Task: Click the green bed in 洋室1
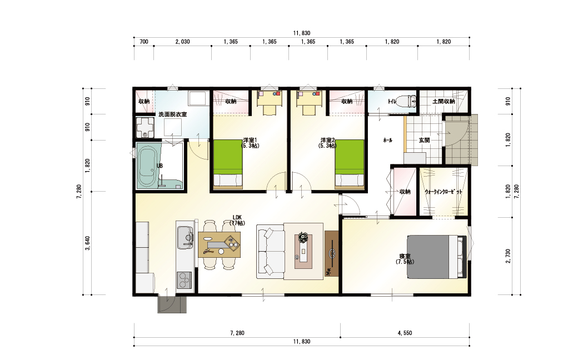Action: [228, 164]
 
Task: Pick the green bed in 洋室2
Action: [350, 164]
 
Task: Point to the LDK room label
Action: [237, 220]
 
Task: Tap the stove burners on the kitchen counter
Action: [185, 280]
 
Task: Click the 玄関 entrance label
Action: [424, 140]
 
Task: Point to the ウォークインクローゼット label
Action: [444, 192]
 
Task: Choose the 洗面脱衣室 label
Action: [172, 114]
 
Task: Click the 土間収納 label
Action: [444, 101]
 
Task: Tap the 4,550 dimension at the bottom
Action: [405, 333]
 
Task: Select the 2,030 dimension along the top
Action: [182, 42]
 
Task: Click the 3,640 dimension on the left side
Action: [88, 243]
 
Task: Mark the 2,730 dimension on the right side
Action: [509, 256]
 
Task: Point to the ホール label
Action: [387, 140]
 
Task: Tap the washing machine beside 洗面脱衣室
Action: [144, 127]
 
